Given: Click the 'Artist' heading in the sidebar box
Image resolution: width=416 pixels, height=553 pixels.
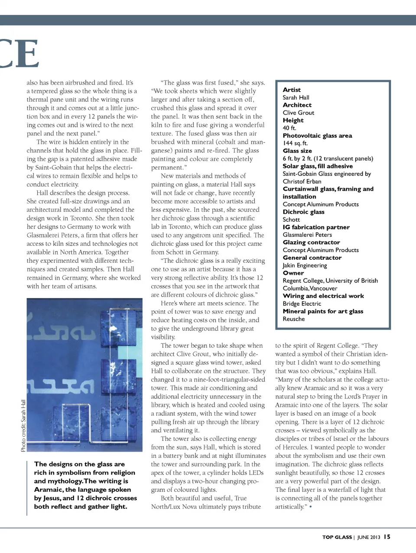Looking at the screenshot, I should point(292,90).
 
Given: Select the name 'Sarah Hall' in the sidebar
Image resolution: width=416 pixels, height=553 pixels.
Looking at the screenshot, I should point(296,97).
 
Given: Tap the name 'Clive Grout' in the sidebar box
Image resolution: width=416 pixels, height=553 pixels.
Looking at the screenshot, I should point(299,113).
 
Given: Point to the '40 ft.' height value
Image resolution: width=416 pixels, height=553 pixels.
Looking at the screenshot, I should point(289,128).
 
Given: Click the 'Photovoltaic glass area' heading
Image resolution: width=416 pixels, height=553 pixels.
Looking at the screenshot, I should point(317,136).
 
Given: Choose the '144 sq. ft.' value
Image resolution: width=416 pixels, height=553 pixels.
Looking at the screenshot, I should point(295,143).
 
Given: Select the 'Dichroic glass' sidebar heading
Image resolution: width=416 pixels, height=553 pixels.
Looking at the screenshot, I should point(303,212).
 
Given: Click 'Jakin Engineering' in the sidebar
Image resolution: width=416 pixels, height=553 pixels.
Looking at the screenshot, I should point(305,265).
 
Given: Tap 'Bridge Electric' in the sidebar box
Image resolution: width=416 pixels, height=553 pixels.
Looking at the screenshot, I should point(302,304).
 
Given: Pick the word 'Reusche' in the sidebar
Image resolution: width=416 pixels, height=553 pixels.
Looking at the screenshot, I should point(294,319).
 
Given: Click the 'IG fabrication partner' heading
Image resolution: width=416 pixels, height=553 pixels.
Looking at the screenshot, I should point(316,227).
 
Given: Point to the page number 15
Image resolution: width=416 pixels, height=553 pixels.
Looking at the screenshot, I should point(387,537).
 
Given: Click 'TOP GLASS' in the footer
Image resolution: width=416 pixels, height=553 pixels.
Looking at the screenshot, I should point(337,537).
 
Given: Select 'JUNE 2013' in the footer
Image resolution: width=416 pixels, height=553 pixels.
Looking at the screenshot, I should point(368,537).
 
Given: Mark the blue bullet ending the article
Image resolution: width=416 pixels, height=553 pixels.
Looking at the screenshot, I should point(310,507).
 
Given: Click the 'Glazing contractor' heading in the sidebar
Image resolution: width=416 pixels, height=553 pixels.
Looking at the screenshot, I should point(311,243).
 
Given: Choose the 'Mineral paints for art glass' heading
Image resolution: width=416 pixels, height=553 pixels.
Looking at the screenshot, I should point(323,311).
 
